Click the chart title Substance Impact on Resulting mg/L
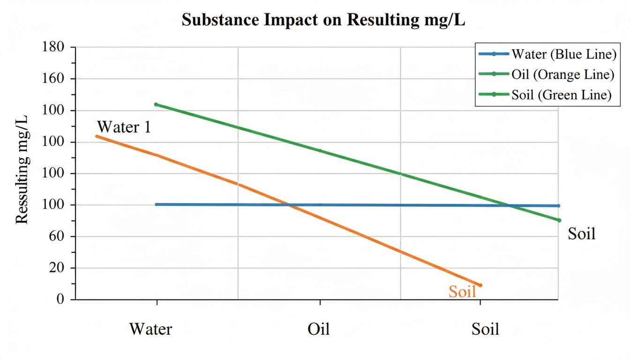click(323, 20)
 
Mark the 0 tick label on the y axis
click(60, 300)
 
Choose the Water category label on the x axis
click(150, 329)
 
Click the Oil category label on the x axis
click(319, 329)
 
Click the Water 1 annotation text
click(124, 127)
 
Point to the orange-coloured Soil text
click(462, 292)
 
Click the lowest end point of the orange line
click(480, 285)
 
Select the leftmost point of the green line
click(156, 105)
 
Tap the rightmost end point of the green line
click(559, 220)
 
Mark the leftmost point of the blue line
click(157, 204)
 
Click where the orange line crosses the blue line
click(289, 205)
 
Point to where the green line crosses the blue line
click(510, 205)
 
